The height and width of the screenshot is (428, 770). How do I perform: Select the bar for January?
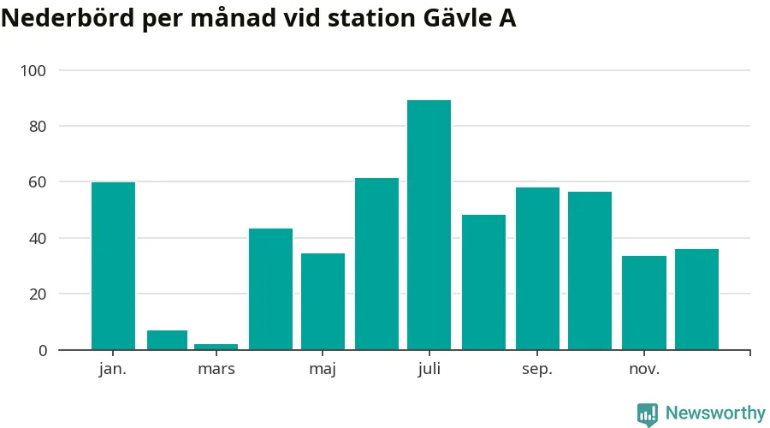coord(113,265)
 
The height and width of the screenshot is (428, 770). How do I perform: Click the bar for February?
coord(167,340)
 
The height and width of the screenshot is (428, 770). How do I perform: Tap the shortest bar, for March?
coord(216,347)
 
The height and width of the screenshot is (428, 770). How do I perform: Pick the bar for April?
coord(270,288)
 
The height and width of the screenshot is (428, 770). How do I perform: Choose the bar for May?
coord(323,301)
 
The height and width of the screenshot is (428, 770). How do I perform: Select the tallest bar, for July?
coord(429,224)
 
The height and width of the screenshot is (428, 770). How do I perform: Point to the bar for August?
coord(483,282)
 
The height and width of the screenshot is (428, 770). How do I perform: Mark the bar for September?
coord(537,268)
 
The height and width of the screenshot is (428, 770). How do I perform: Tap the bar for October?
coord(589,270)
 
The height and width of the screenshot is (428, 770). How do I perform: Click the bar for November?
coord(643,302)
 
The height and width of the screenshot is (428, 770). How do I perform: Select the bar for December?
coord(696,299)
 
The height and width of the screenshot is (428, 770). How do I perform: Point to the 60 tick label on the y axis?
coord(39,182)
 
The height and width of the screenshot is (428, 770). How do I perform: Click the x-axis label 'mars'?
coord(216,370)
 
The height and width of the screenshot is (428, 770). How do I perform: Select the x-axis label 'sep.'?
coord(537,370)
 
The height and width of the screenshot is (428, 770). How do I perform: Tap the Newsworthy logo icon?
coord(648,414)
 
